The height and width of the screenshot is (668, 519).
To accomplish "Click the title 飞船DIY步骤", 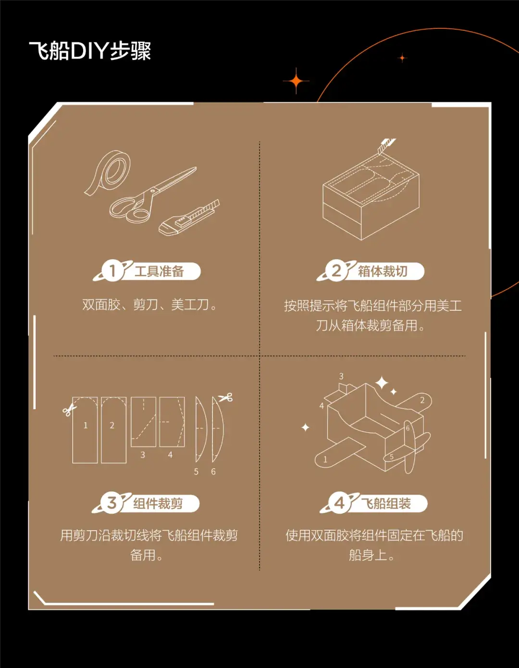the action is pos(90,51).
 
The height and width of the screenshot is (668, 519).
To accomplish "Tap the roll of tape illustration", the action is pos(107,171).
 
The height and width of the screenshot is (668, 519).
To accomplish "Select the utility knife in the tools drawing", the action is pos(189,218).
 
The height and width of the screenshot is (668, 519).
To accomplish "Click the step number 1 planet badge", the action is pos(112,271).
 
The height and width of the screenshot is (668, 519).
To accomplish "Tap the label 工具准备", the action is pos(159,271).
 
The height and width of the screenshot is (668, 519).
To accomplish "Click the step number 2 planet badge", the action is pos(336,271).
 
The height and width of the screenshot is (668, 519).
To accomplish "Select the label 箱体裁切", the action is pos(383,271).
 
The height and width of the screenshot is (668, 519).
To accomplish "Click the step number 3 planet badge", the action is pos(111,503).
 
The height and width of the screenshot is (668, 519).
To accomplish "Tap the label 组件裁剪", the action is pos(158,504).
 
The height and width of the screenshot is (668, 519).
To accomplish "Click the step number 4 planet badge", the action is pos(339,503).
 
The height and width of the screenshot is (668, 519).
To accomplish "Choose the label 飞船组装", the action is pos(386,504).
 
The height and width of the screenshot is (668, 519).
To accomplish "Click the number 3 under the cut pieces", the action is pos(143,455).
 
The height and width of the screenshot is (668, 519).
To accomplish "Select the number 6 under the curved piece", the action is pos(213,472).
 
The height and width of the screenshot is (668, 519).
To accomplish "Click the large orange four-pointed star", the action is pos(296,81).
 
